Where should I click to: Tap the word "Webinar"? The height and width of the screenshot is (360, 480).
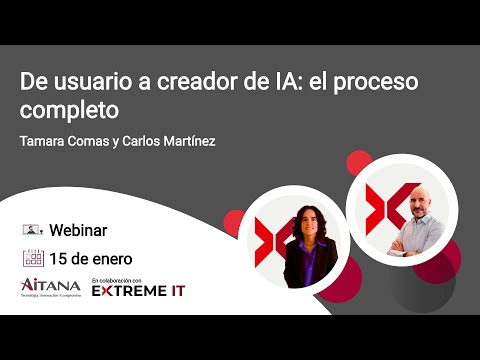point(78,229)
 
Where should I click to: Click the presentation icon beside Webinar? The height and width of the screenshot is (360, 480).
point(32,229)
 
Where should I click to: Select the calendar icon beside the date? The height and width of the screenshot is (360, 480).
point(32,257)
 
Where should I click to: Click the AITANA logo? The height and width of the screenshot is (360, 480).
point(49,288)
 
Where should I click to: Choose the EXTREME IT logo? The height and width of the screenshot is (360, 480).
point(137,291)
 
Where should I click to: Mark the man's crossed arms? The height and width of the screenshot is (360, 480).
point(419,244)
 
